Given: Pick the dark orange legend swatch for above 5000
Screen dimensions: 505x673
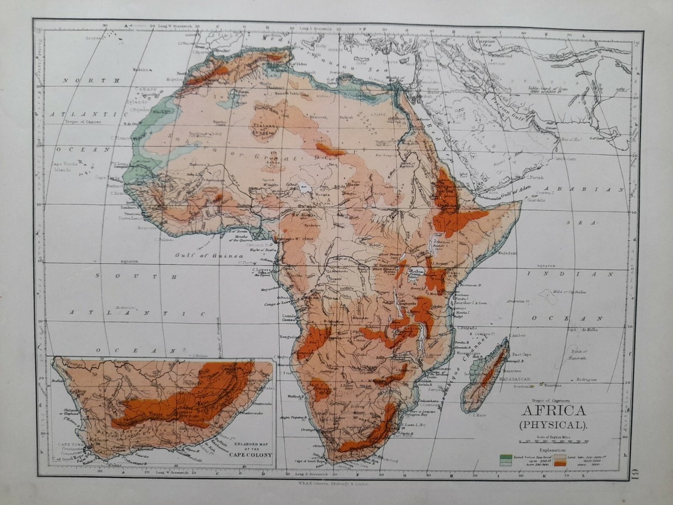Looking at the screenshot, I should click(560, 463).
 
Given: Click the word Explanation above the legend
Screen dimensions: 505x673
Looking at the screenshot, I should click(552, 450).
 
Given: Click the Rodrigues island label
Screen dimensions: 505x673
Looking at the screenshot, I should click(586, 380).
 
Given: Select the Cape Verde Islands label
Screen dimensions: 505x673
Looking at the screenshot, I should click(63, 167).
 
